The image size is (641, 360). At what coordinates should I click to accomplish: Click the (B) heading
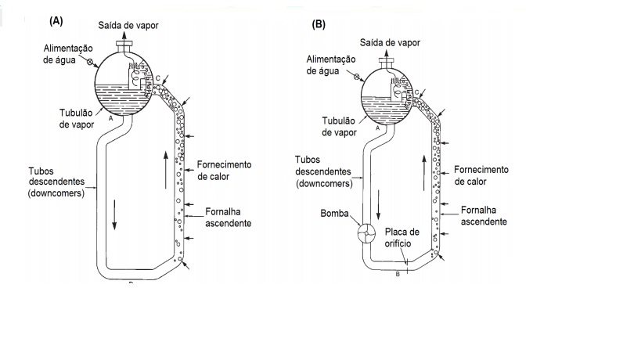[x=319, y=24]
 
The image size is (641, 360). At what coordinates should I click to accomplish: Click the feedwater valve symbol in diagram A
[x=91, y=60]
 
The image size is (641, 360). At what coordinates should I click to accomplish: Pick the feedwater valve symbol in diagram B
[x=357, y=77]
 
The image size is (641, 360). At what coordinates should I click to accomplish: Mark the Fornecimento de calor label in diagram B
[x=481, y=175]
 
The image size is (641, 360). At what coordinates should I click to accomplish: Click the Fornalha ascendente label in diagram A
[x=228, y=218]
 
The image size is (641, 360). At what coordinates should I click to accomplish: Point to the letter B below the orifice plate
[x=398, y=274]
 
